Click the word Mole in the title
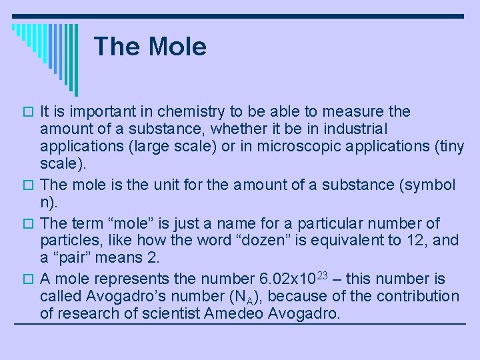(178, 47)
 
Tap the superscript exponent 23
(322, 274)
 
